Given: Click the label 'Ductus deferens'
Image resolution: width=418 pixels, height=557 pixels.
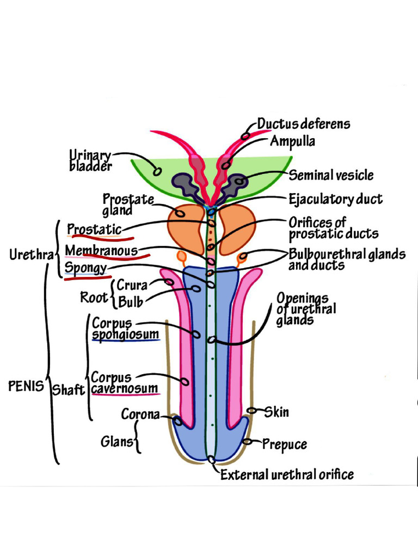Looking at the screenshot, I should click(304, 124).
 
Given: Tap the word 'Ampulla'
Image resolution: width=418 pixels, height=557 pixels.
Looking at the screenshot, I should click(293, 141).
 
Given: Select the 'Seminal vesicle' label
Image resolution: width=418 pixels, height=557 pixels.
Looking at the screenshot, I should click(331, 175).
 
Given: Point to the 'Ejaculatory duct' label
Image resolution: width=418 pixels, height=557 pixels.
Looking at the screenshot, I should click(335, 199).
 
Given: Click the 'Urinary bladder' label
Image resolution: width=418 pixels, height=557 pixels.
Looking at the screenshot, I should click(90, 161).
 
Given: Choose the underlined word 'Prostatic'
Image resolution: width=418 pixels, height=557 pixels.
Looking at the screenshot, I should click(94, 230).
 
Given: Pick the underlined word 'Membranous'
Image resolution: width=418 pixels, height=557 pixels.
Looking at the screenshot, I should click(101, 251).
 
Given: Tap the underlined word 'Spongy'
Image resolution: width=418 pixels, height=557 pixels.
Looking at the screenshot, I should click(85, 269).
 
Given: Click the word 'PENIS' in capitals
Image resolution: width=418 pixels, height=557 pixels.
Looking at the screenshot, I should click(26, 387).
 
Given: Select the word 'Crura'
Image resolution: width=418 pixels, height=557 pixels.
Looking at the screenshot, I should click(132, 285).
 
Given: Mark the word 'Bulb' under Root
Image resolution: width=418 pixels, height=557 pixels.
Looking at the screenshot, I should click(131, 302).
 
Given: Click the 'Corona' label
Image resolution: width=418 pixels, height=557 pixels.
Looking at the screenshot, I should click(140, 414).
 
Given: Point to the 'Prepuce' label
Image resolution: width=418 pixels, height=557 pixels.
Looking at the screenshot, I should click(284, 444).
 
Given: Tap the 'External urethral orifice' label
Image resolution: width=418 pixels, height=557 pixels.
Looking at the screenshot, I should click(287, 475).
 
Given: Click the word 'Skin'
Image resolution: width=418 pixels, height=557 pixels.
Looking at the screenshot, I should click(276, 412).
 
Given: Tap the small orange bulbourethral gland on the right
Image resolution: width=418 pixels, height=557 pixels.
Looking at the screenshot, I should click(243, 256).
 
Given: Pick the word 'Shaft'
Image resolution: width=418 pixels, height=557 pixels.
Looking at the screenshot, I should click(68, 390).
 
